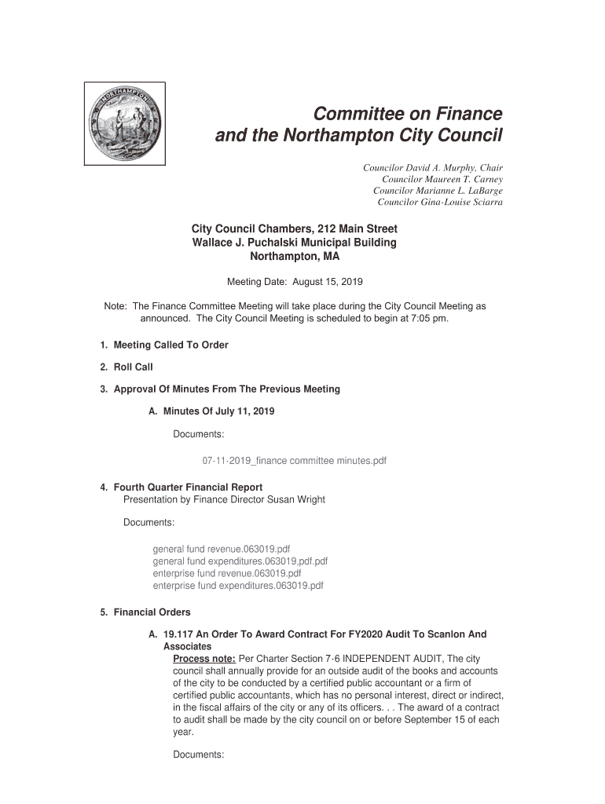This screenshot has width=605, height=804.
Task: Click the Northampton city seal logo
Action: pyautogui.click(x=125, y=123)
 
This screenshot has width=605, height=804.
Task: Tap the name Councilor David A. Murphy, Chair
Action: pyautogui.click(x=432, y=168)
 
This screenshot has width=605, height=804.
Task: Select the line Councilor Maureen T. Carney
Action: pyautogui.click(x=442, y=180)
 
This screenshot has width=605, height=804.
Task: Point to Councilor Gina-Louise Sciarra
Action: pyautogui.click(x=440, y=202)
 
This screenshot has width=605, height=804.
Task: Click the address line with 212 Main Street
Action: pyautogui.click(x=295, y=228)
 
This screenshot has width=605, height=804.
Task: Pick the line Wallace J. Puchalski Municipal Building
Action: pyautogui.click(x=295, y=243)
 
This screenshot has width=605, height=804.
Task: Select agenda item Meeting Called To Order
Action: pyautogui.click(x=170, y=345)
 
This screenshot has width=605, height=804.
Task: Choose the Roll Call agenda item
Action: pyautogui.click(x=133, y=367)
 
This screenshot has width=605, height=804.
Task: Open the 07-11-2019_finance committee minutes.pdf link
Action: pyautogui.click(x=295, y=461)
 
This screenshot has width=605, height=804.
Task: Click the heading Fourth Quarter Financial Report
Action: pyautogui.click(x=188, y=488)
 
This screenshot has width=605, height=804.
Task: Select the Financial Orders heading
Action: pyautogui.click(x=152, y=612)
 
